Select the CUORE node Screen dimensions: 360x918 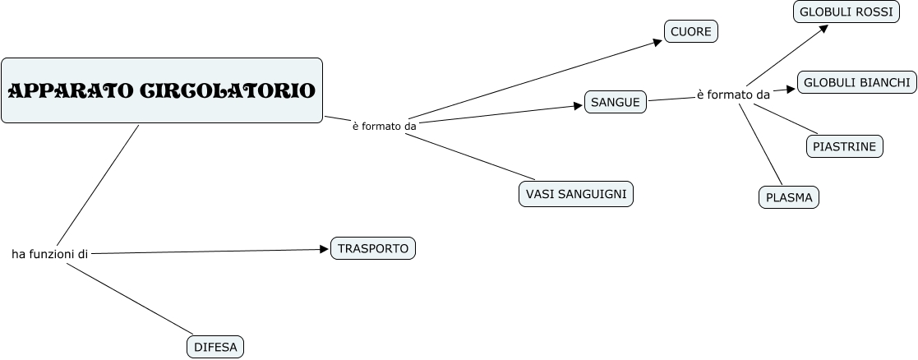(691, 31)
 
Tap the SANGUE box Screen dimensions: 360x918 (616, 102)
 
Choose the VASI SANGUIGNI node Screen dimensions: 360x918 (575, 194)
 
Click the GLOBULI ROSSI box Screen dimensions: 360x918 (846, 12)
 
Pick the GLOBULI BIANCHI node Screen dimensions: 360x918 (856, 82)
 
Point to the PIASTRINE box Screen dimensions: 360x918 (844, 146)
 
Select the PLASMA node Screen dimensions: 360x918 (788, 197)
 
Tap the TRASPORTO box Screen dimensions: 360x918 (372, 248)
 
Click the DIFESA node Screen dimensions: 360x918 (215, 347)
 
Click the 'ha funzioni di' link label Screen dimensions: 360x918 (49, 254)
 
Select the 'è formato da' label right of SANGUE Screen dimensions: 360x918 (733, 95)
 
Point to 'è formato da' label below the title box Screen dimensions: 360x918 (385, 127)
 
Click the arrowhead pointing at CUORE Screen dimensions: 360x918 (657, 41)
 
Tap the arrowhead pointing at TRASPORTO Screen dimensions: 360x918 (324, 249)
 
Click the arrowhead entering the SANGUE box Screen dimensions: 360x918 (578, 105)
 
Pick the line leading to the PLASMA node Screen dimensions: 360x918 (760, 144)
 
